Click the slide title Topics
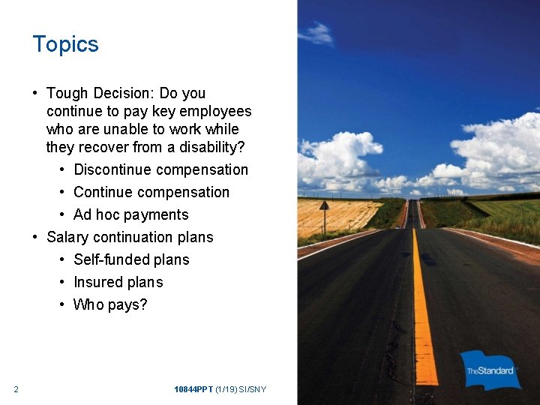click(x=65, y=44)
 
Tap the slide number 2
click(x=16, y=388)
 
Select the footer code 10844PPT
click(x=193, y=389)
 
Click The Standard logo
click(x=490, y=370)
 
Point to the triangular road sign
click(x=324, y=205)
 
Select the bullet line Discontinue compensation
click(x=160, y=170)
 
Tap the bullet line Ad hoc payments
click(x=130, y=215)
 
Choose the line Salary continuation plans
click(x=130, y=238)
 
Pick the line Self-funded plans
click(x=131, y=260)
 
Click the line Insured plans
click(x=118, y=283)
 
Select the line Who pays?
click(x=110, y=305)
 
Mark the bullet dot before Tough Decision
click(x=35, y=94)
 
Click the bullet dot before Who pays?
click(x=63, y=305)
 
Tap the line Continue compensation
click(x=151, y=193)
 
